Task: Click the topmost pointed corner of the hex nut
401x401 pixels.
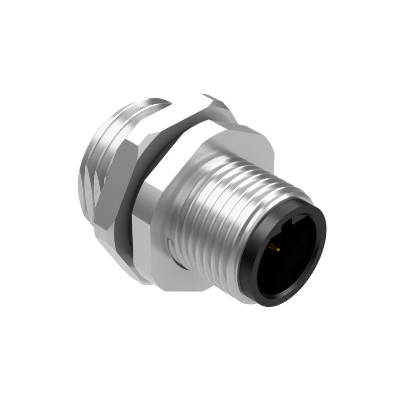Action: [x=206, y=95]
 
